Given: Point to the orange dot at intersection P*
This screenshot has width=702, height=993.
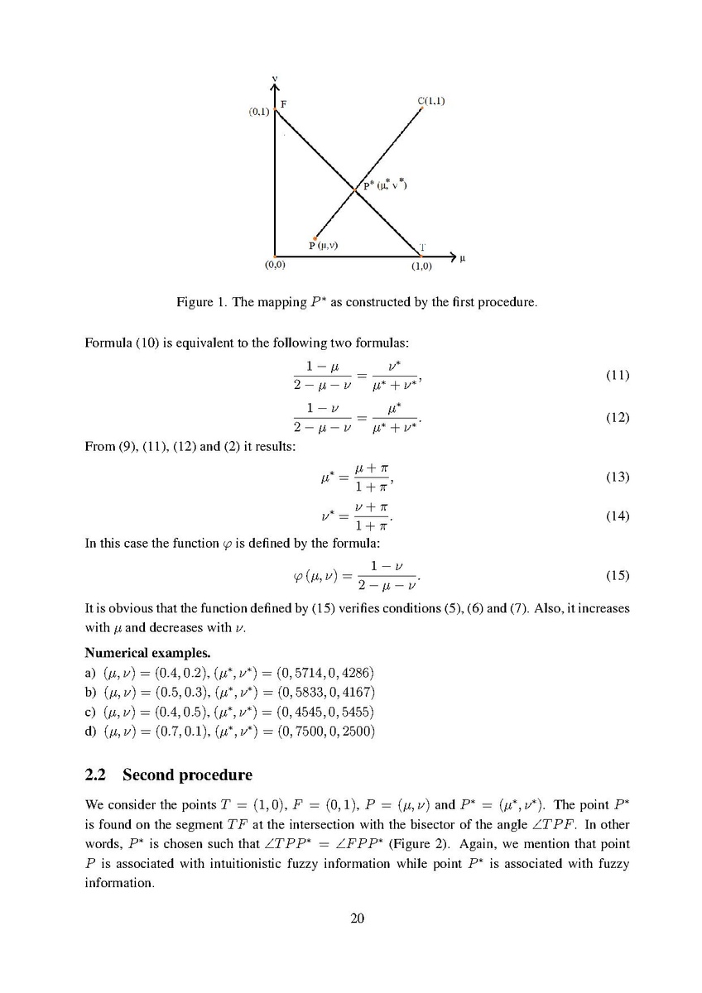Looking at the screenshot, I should point(354,190).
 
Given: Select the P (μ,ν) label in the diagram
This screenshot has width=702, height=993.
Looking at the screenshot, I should point(323,245).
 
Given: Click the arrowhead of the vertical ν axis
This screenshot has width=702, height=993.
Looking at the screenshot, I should point(275,89).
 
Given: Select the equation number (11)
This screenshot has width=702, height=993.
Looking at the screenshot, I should point(617,375).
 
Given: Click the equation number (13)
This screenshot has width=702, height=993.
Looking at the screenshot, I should point(617,477).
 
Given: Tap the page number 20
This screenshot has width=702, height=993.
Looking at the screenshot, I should point(357,918).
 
